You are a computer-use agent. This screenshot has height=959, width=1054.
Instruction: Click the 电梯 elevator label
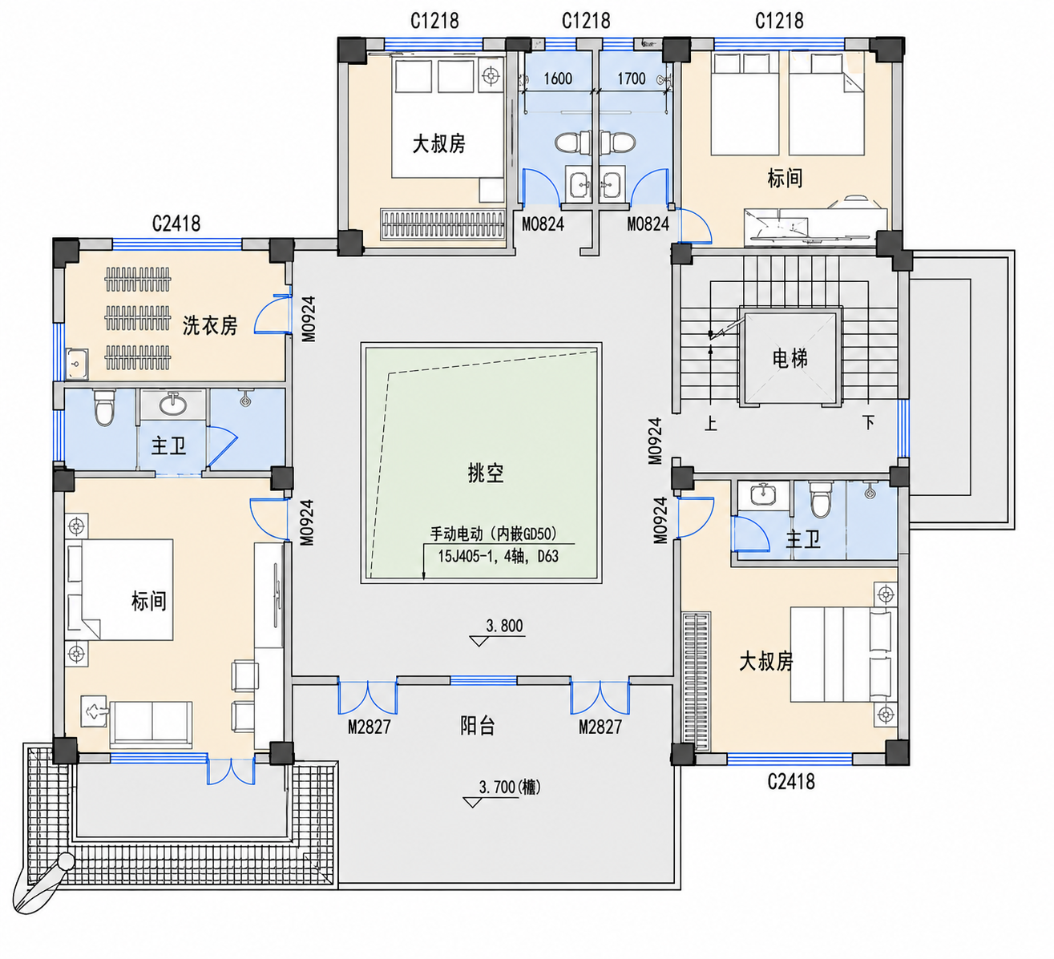(789, 359)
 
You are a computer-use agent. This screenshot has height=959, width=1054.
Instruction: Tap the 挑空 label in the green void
(486, 473)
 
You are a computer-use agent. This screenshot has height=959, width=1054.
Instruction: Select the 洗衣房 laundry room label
(210, 325)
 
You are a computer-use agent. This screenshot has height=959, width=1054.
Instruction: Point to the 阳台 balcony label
(477, 727)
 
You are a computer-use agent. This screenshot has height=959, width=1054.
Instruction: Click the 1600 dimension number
(558, 79)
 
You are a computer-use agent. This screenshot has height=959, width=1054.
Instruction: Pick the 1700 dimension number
(631, 79)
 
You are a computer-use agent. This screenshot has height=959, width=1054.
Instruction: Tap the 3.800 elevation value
(504, 626)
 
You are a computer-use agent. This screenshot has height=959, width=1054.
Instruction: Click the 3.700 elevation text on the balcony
(497, 788)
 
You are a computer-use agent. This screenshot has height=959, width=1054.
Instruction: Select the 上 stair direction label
(710, 423)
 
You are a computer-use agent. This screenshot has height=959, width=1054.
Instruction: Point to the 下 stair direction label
(869, 421)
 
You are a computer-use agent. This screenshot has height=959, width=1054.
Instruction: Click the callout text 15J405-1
(463, 556)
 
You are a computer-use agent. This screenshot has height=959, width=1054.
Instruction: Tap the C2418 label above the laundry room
(176, 224)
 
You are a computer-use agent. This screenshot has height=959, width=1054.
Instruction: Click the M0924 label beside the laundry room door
(309, 319)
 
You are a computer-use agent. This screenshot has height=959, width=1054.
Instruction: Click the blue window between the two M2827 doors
(483, 681)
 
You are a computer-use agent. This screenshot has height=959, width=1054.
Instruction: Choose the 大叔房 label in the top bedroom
(438, 143)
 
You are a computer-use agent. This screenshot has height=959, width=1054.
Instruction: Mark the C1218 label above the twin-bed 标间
(779, 21)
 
